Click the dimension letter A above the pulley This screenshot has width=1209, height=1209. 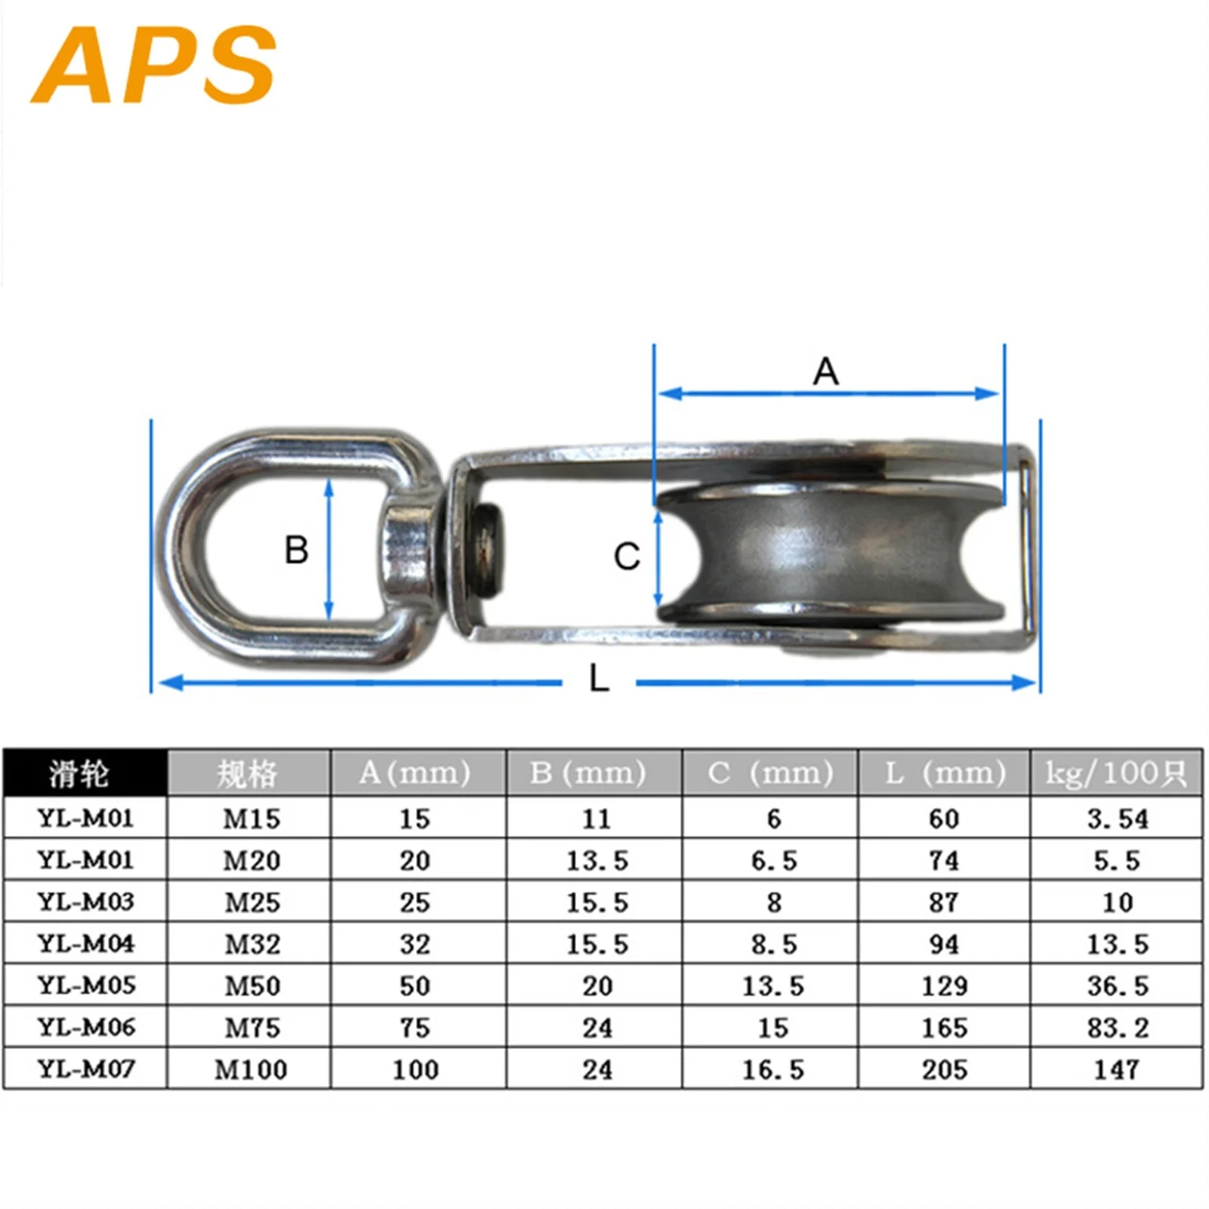(x=825, y=372)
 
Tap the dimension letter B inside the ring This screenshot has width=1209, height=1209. (x=296, y=550)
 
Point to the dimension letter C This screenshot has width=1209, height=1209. (x=627, y=557)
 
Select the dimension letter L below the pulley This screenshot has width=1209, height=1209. (x=599, y=678)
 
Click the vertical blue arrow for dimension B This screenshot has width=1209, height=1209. (x=328, y=550)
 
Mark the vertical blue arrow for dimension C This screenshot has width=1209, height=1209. (x=658, y=557)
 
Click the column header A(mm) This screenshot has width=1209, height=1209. (x=415, y=773)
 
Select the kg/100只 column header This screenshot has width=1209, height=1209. (x=1116, y=773)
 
